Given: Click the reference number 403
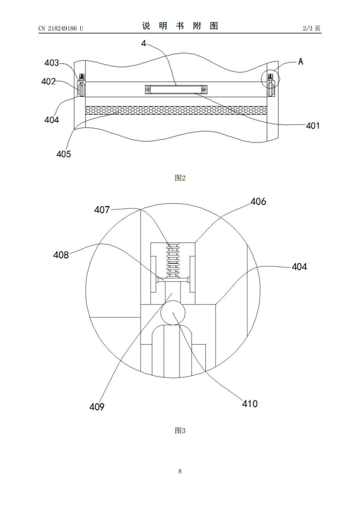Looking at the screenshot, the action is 52,63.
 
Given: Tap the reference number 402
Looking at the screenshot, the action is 48,81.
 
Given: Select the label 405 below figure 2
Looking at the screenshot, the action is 64,154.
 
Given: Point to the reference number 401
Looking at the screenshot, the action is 313,126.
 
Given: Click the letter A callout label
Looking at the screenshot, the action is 301,61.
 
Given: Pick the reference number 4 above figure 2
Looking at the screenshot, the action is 143,43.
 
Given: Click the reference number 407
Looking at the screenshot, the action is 102,210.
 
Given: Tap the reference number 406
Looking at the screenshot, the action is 258,202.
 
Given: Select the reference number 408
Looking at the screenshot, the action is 61,255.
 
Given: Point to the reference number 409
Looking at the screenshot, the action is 97,407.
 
